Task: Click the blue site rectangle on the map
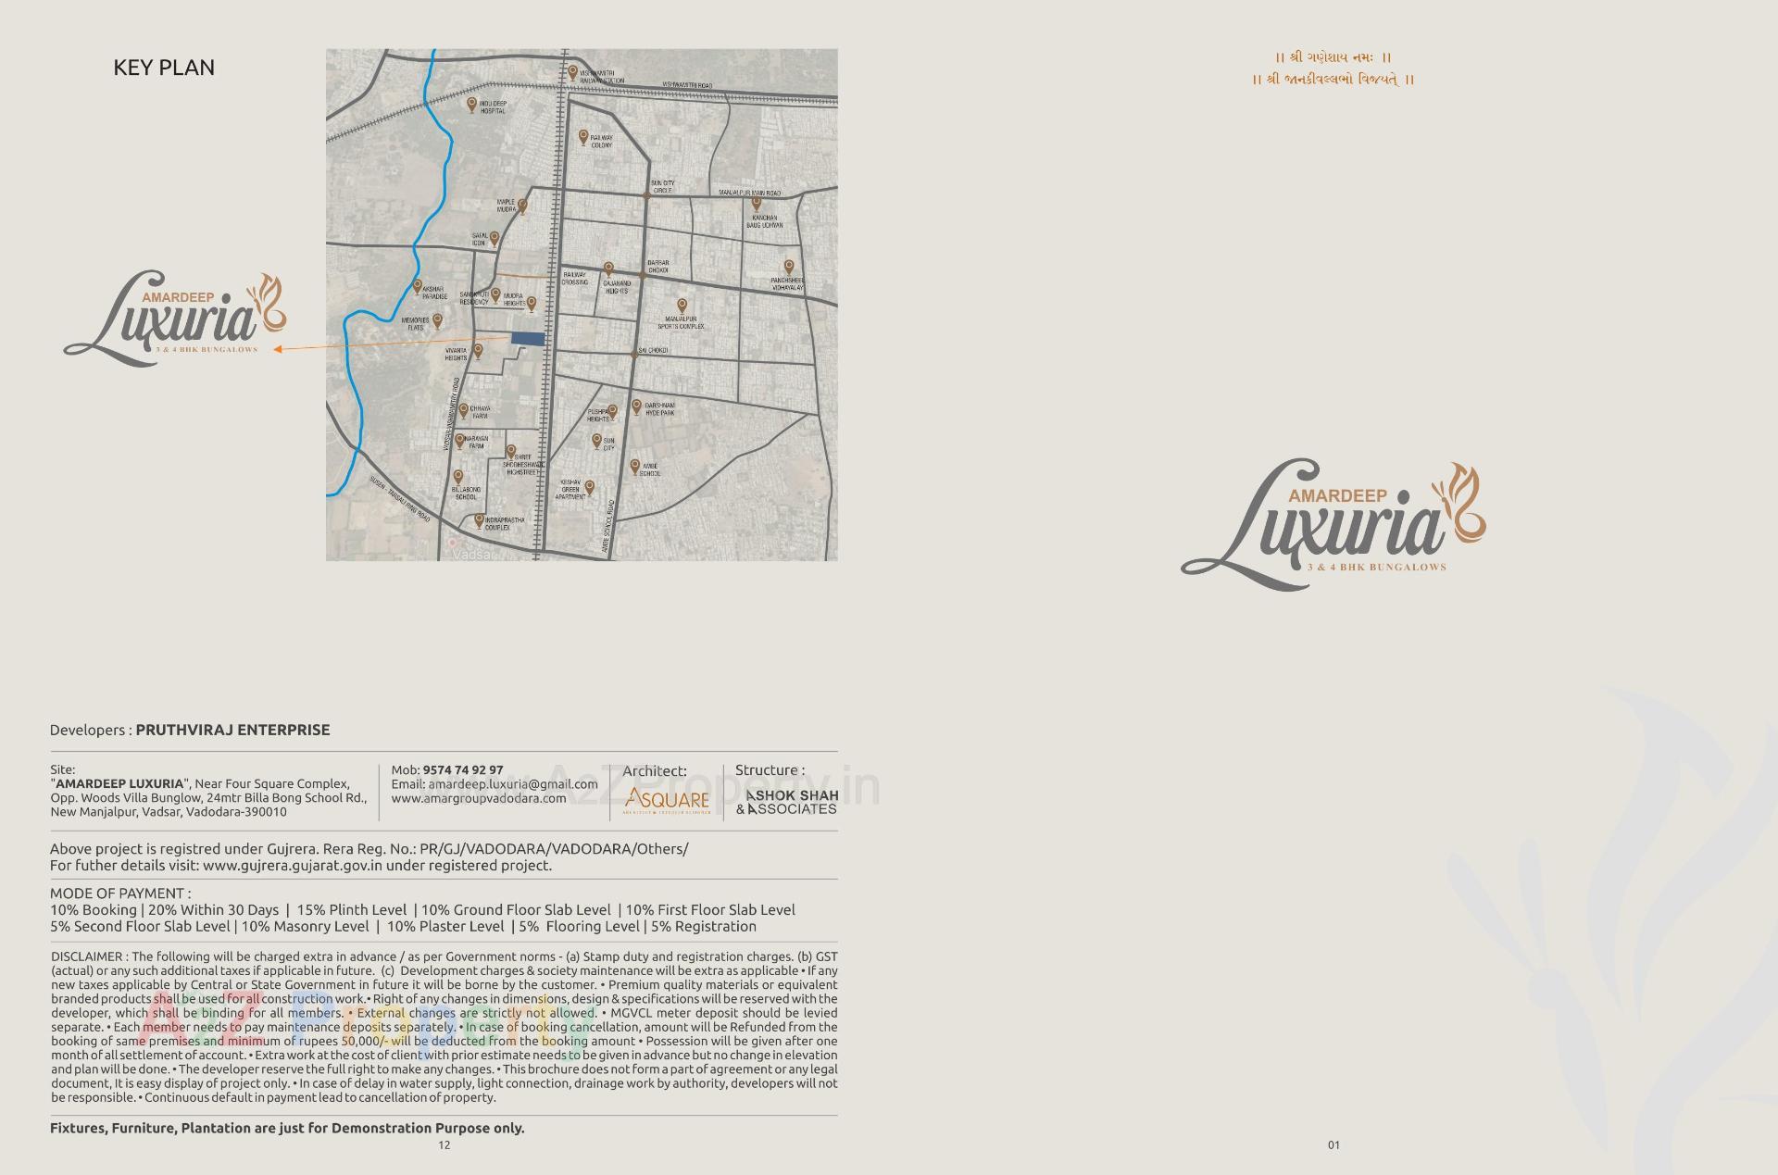click(528, 339)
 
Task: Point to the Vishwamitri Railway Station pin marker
click(572, 72)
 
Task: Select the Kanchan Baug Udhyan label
click(766, 221)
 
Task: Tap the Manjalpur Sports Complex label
click(681, 322)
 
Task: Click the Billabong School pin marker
click(457, 477)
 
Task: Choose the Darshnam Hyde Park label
click(660, 409)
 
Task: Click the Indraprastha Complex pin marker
click(479, 520)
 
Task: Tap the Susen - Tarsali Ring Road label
click(400, 499)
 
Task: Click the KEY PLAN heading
click(164, 68)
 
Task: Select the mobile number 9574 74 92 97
click(462, 770)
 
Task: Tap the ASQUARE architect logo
click(667, 800)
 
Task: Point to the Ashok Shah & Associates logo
click(787, 802)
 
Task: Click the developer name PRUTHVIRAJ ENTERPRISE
click(232, 730)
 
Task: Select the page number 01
click(1333, 1145)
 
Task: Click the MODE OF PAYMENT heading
click(120, 894)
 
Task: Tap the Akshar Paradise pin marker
click(418, 287)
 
